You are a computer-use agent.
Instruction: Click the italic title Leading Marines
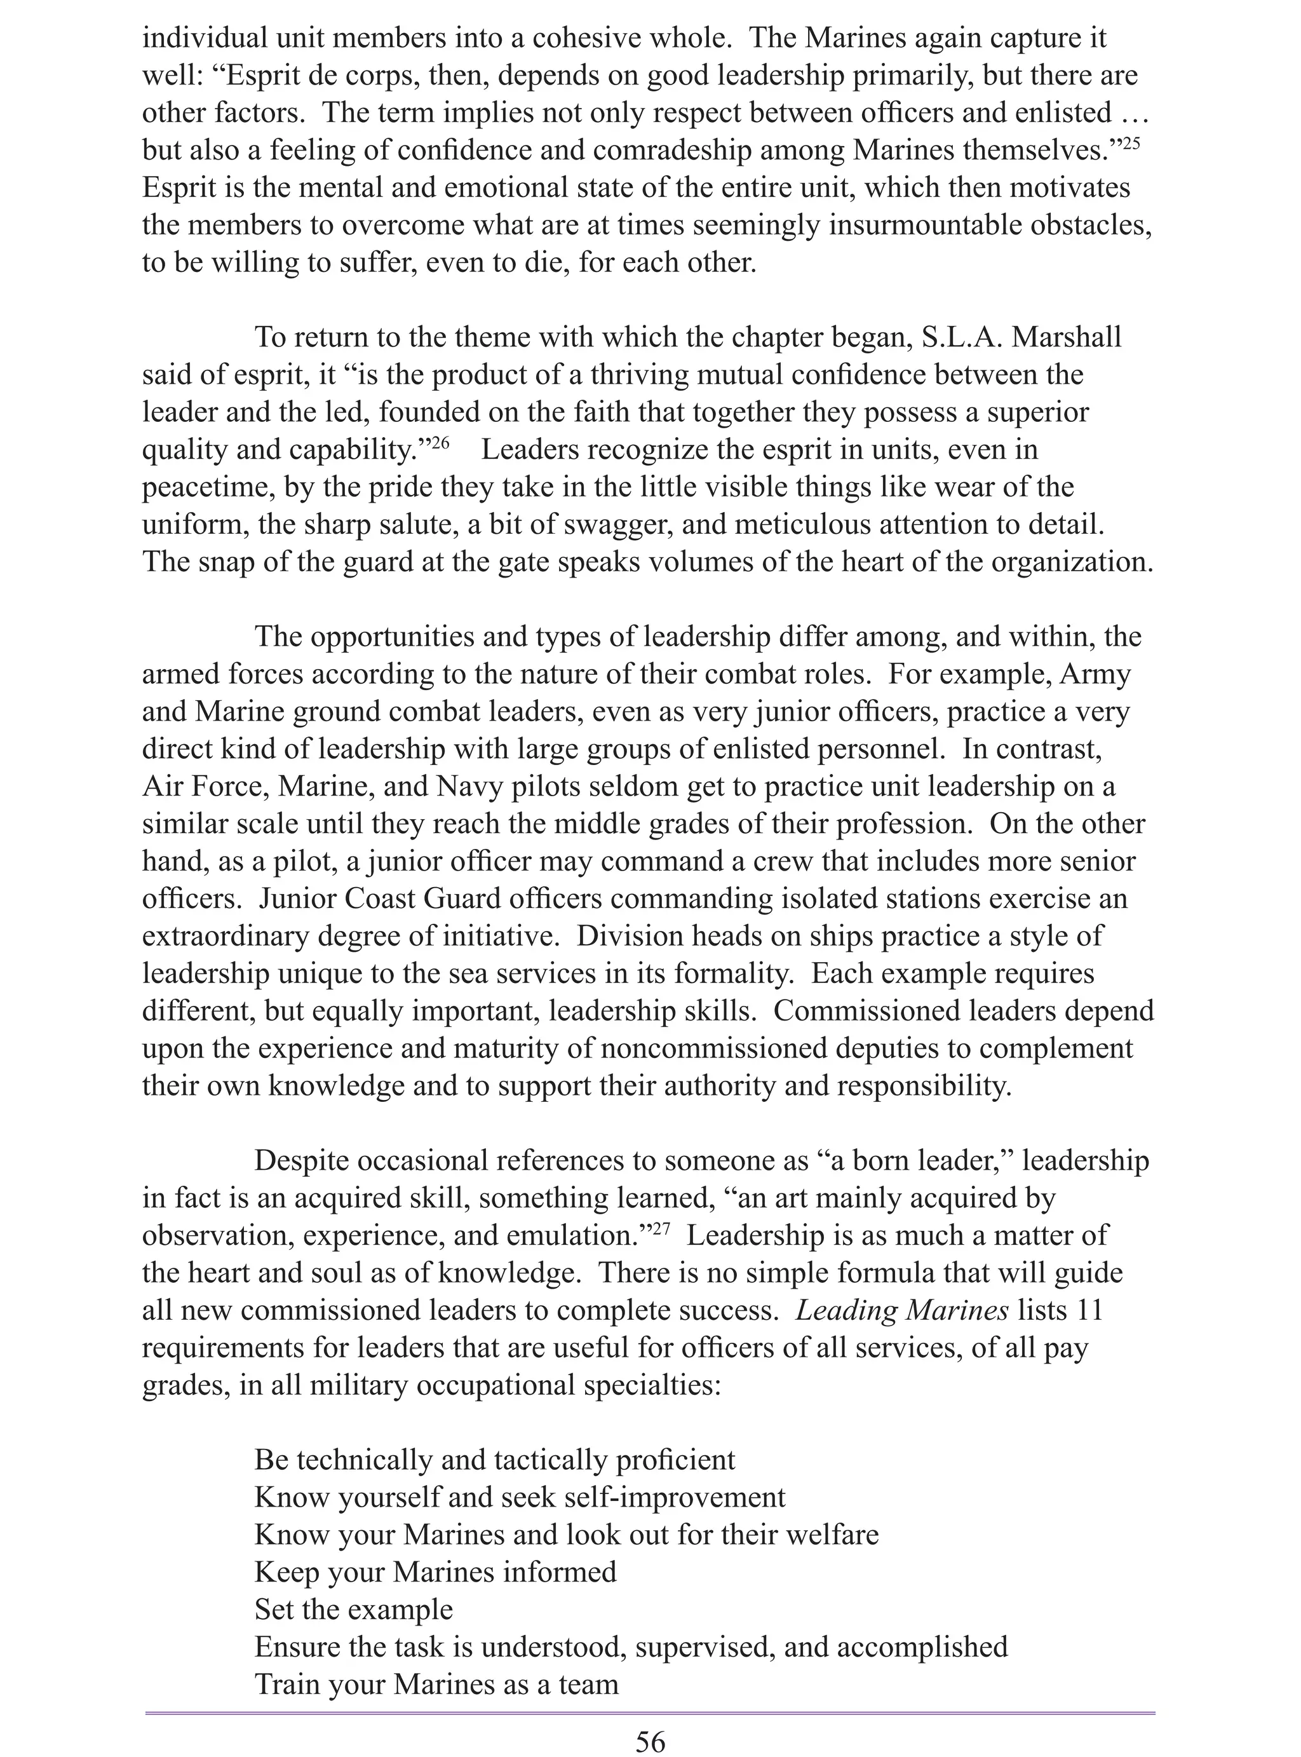[901, 1310]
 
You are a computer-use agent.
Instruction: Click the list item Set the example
[354, 1609]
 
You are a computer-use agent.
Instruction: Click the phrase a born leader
[919, 1161]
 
